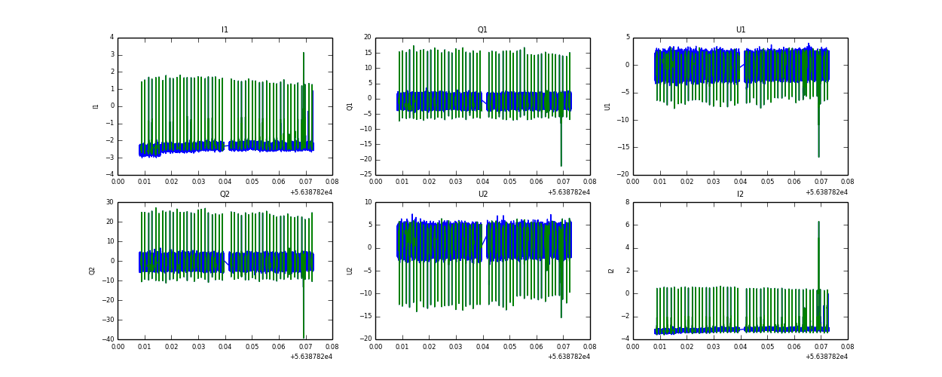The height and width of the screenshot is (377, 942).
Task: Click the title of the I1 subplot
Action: (x=225, y=30)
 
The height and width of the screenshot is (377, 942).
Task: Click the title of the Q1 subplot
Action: (x=482, y=30)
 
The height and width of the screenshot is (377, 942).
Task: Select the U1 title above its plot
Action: (x=741, y=30)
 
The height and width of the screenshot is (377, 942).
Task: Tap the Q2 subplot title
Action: (x=225, y=194)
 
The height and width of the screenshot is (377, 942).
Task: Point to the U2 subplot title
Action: (x=482, y=194)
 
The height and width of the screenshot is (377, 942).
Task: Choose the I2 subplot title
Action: (x=741, y=194)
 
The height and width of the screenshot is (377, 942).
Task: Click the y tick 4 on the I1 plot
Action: (x=112, y=37)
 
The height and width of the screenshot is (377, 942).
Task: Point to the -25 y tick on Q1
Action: (x=366, y=175)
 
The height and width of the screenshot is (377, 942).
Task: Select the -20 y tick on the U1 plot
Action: (x=625, y=175)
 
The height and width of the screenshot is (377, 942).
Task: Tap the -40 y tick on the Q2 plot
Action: (x=108, y=339)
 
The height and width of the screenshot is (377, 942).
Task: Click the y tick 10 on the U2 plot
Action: (x=368, y=202)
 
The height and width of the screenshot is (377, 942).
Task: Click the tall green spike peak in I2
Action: (x=818, y=222)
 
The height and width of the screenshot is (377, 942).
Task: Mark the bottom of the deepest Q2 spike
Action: (x=304, y=338)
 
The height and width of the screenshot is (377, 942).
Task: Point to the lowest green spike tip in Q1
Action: (x=561, y=166)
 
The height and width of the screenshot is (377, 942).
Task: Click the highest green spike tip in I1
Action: (x=304, y=53)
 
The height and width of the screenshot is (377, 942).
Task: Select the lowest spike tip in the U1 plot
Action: (x=818, y=157)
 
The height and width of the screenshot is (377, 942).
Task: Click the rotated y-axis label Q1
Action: (x=350, y=106)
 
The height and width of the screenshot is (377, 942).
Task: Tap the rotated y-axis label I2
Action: (x=610, y=270)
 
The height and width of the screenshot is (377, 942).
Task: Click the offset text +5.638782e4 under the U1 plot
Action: (x=826, y=192)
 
